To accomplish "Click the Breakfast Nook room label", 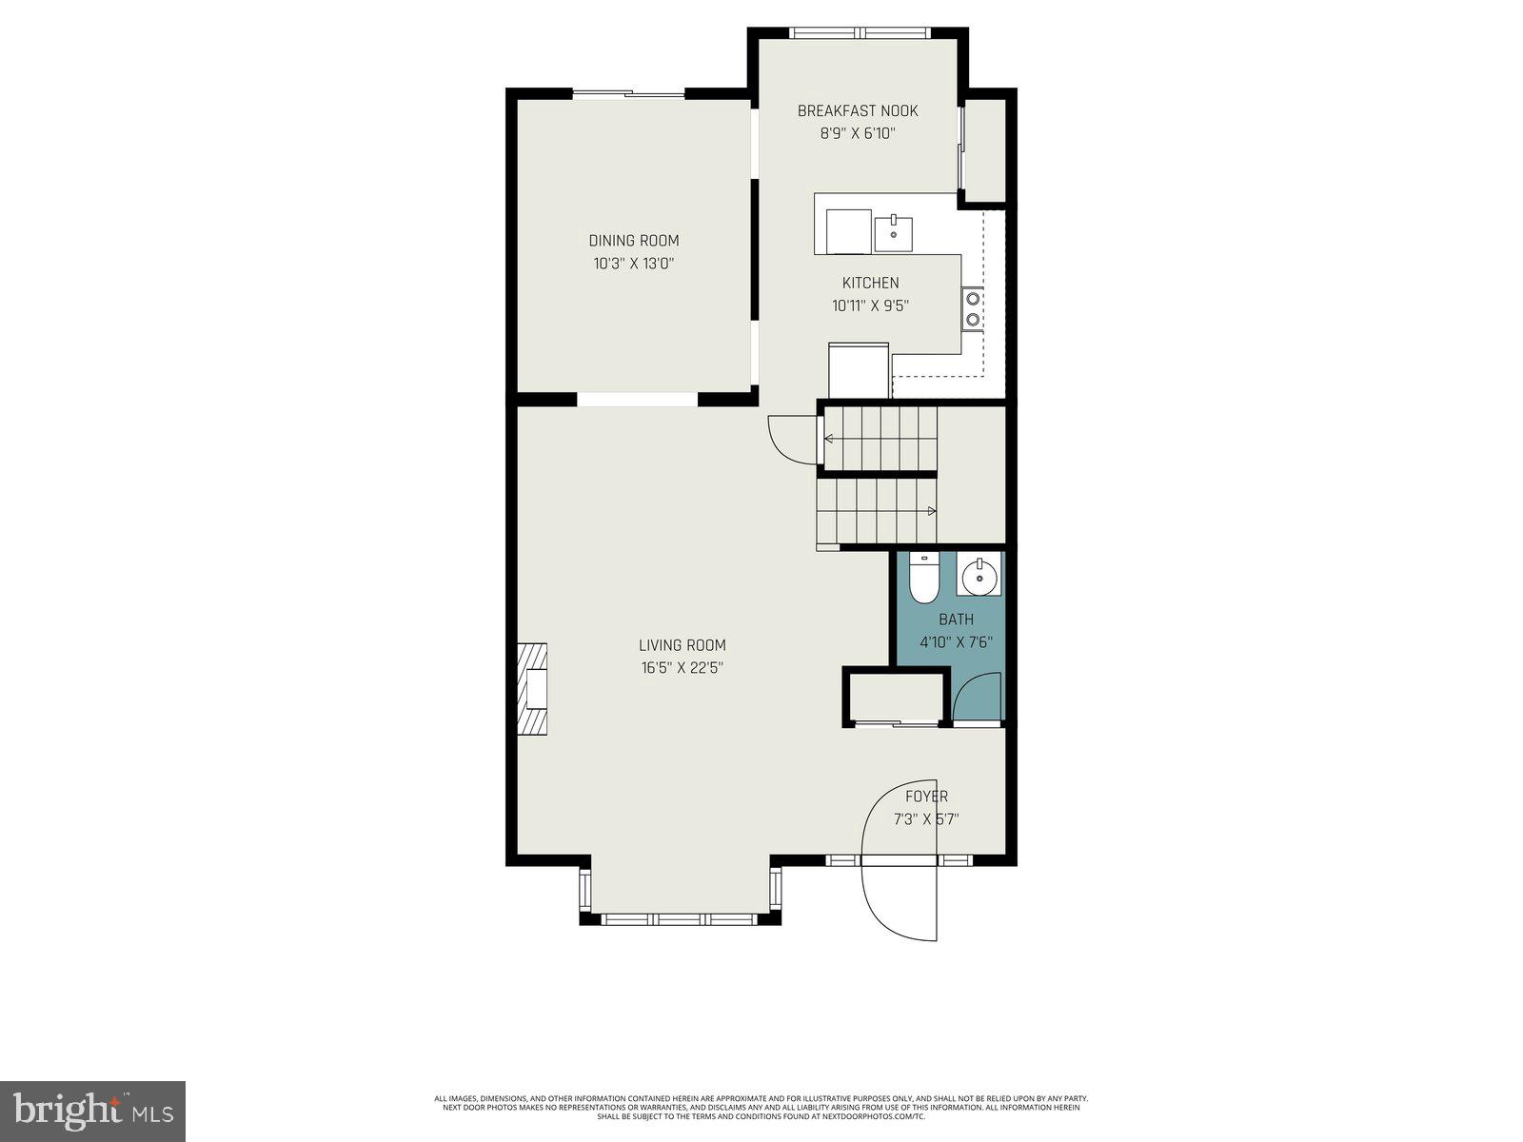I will coord(858,111).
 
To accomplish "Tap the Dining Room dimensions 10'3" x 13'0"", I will coord(633,264).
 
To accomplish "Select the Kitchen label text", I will coord(870,283).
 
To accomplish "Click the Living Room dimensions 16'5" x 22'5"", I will coord(682,668).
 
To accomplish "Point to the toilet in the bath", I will coord(922,580).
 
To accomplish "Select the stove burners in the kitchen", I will coord(972,307).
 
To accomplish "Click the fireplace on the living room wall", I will coord(532,689).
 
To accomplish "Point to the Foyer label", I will coord(926,797).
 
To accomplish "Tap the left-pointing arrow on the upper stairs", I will coord(829,439).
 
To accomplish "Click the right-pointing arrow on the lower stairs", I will coord(931,512).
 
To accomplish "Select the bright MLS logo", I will coord(92,1111).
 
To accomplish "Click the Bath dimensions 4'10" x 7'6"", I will coord(956,642).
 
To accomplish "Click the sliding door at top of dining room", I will coord(628,93).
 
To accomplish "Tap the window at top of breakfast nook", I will coord(860,33).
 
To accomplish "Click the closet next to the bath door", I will coord(895,699).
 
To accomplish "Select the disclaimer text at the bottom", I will coord(761,1107).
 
